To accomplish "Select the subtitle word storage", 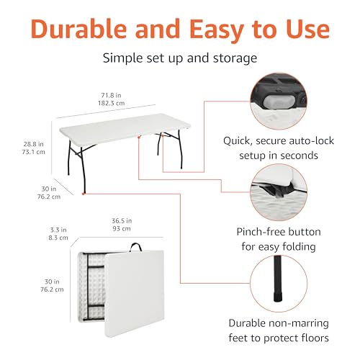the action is [x=235, y=58].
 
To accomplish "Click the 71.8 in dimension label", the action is [x=111, y=95].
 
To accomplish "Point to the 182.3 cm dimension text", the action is [x=111, y=103].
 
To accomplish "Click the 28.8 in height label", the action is [x=33, y=144].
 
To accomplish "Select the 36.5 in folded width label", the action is [x=122, y=220].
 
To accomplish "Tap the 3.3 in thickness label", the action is [x=58, y=230].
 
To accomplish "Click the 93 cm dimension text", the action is [x=122, y=228].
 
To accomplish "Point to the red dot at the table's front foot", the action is [x=84, y=194].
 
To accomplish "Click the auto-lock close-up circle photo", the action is [x=279, y=102].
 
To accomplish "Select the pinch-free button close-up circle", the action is [x=279, y=192].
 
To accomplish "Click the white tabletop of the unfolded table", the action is [x=125, y=127].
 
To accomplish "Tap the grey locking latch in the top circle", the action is [x=279, y=102].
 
